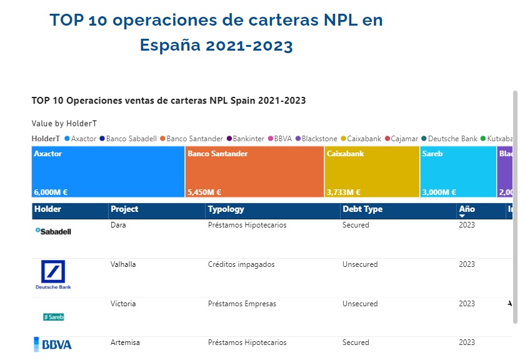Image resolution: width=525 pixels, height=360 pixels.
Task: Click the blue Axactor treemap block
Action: tap(107, 172)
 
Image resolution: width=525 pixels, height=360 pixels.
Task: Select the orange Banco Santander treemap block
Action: tap(254, 172)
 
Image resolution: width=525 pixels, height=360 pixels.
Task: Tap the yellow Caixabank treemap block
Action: tap(372, 172)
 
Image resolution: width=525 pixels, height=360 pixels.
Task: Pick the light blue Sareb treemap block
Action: tap(458, 172)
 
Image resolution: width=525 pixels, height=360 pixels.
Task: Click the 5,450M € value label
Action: tap(204, 192)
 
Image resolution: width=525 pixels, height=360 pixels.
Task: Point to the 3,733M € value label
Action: tap(343, 192)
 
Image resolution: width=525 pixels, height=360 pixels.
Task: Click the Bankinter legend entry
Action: tap(246, 139)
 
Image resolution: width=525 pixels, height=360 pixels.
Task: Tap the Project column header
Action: tap(124, 209)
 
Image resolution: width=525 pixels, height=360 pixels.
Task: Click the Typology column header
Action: tap(226, 209)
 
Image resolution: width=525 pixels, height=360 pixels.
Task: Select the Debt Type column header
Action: tap(362, 209)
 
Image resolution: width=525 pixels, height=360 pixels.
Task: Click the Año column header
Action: tap(467, 209)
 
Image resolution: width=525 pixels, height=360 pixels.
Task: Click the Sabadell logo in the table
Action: tap(53, 231)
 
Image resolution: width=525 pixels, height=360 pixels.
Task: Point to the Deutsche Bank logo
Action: tap(53, 275)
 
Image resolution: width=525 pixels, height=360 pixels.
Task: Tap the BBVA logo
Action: tap(53, 344)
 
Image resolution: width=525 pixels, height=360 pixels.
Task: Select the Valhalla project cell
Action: tap(123, 264)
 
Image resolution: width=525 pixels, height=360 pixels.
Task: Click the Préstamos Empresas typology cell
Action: tap(242, 304)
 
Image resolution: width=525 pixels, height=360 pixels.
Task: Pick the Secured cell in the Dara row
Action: tap(356, 225)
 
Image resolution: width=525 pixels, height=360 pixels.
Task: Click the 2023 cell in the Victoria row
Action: tap(467, 304)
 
